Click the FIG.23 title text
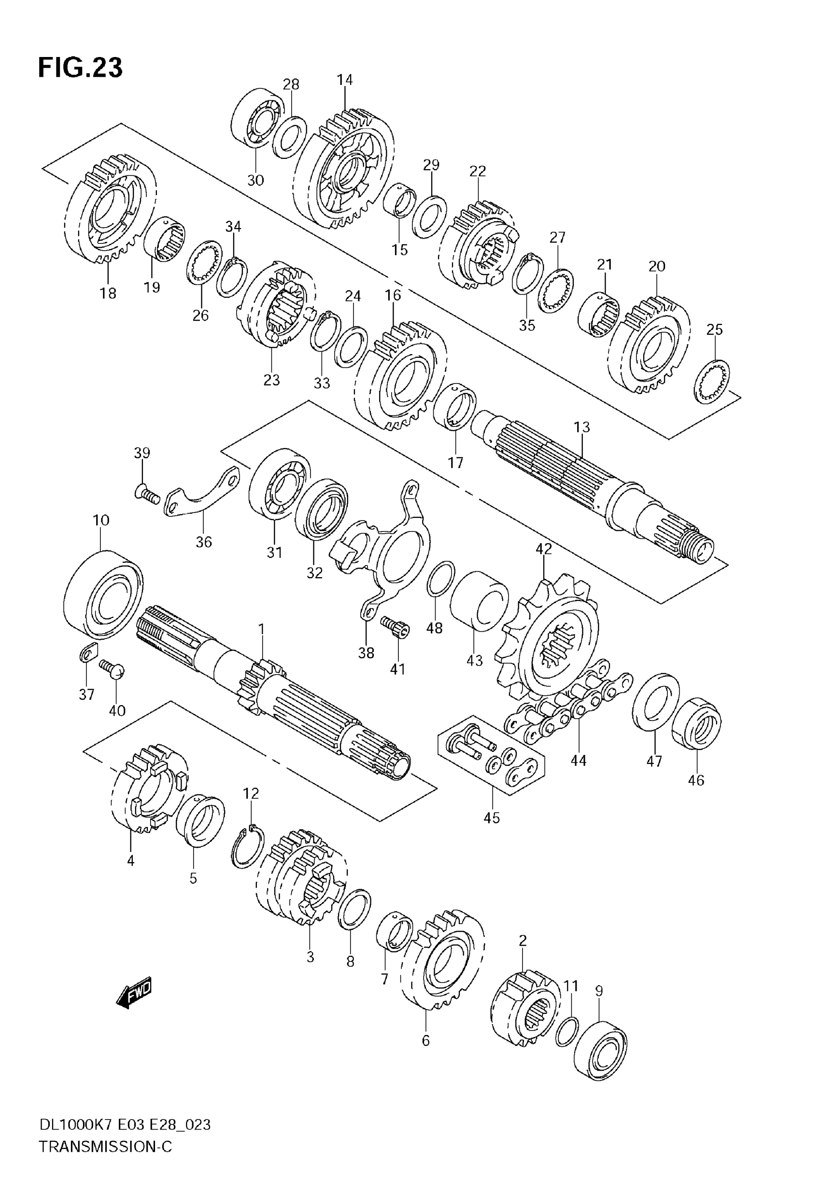click(80, 68)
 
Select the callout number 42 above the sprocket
click(544, 549)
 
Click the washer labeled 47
click(655, 701)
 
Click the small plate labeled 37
click(88, 656)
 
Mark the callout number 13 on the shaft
click(582, 427)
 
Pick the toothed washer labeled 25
click(712, 382)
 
